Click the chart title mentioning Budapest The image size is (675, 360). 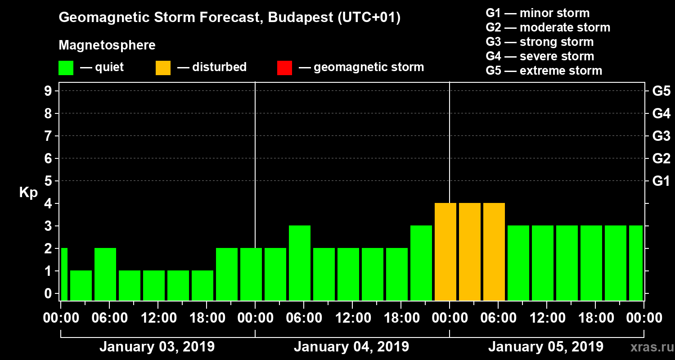click(229, 18)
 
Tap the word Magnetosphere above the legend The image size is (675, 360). click(107, 45)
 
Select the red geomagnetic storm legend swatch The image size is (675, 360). click(284, 67)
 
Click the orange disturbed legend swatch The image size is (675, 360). click(163, 67)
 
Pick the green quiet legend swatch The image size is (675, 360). click(66, 67)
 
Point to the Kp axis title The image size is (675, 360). click(28, 192)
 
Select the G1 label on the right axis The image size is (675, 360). click(661, 181)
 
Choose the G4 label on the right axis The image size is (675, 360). click(661, 113)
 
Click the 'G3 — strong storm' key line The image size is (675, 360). click(540, 42)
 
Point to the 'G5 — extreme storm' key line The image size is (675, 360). click(544, 71)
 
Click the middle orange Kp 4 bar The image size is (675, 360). click(470, 252)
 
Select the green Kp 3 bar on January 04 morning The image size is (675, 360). click(300, 263)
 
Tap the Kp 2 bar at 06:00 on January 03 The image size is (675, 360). click(105, 274)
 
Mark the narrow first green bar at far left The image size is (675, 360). click(64, 274)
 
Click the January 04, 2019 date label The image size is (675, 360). click(351, 347)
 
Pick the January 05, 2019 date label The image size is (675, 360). click(546, 347)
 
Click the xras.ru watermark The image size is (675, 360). click(648, 347)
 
